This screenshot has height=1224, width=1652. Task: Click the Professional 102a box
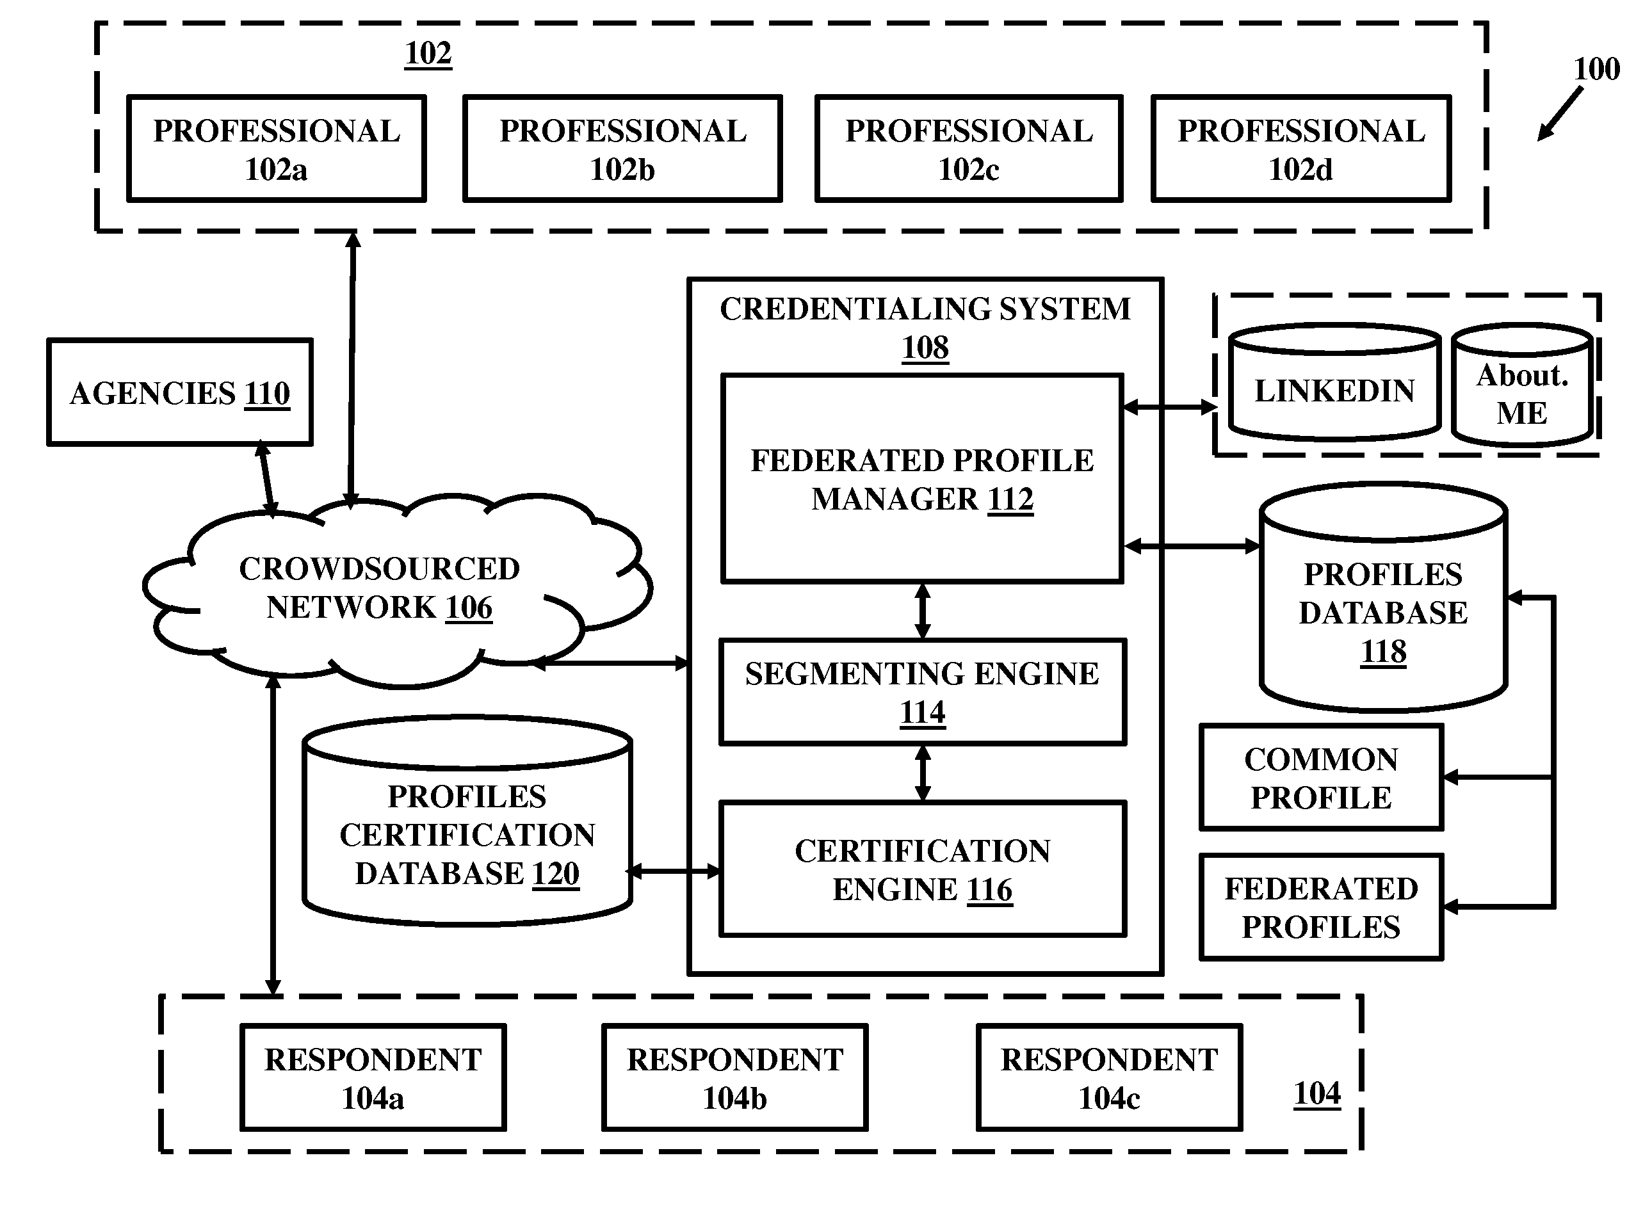277,148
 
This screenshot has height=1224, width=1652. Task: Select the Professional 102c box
969,148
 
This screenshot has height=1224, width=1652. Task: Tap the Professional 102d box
1300,148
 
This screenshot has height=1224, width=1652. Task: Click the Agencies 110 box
180,392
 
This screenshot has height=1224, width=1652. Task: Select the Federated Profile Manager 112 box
922,479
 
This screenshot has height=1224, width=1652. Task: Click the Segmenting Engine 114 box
923,692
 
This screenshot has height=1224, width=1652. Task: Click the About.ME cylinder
1522,385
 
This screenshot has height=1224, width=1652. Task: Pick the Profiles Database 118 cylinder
1384,597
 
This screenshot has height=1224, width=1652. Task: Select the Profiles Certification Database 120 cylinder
467,821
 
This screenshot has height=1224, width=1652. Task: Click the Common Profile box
1322,777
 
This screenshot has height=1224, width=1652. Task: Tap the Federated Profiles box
1322,908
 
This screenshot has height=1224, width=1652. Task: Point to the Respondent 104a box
373,1078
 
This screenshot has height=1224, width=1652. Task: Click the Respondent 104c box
1110,1078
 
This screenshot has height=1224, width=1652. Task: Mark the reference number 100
1596,69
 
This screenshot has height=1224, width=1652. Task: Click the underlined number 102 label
428,54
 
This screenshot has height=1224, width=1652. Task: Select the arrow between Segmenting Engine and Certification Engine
923,773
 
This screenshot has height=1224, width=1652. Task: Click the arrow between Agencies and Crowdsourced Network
267,479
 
